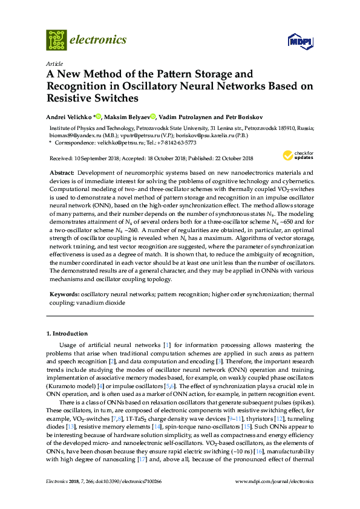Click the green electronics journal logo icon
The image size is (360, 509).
point(56,40)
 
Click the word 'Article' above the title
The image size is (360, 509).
point(54,63)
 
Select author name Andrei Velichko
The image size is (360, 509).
point(69,117)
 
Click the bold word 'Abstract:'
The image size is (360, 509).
point(62,173)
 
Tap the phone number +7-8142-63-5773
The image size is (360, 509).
point(175,144)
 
